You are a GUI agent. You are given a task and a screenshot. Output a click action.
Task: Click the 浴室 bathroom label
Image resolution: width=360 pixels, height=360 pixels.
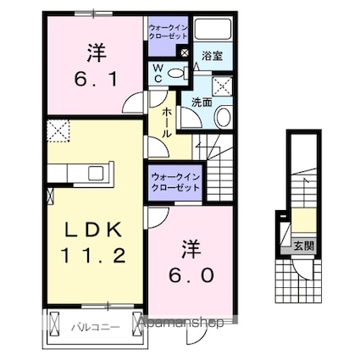212,56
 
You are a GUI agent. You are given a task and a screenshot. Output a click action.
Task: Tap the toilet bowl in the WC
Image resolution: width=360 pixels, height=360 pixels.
175,73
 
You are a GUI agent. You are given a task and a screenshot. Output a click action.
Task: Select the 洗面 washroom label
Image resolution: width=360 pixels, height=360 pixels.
202,102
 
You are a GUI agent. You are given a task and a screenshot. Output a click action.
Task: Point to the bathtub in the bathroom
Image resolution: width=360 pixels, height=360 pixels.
213,29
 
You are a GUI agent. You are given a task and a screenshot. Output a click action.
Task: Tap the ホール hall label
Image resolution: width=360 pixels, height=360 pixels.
167,123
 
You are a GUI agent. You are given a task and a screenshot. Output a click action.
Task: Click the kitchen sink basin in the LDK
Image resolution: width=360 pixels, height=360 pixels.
96,173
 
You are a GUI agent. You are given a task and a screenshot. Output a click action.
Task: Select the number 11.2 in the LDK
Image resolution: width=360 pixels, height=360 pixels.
92,256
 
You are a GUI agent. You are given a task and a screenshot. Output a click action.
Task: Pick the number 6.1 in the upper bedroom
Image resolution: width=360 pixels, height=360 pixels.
96,80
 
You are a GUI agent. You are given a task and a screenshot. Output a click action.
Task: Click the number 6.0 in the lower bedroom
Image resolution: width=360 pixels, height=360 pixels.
191,274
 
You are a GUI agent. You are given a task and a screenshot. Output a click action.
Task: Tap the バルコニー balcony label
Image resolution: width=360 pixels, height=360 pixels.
96,328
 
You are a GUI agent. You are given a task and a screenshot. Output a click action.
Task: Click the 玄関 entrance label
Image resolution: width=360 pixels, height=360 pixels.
304,246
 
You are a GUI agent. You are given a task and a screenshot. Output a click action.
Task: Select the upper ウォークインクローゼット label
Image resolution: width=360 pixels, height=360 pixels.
168,32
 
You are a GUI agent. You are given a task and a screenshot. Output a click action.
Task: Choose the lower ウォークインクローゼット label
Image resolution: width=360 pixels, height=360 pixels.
175,182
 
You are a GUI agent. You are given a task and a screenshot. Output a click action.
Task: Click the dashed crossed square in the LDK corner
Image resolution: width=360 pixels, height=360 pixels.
58,130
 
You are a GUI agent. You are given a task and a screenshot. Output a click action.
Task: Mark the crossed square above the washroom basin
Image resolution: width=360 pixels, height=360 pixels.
222,86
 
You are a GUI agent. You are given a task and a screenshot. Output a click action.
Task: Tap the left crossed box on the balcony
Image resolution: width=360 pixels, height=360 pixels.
54,323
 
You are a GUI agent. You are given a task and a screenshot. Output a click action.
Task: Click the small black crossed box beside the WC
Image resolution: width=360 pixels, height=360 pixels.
184,53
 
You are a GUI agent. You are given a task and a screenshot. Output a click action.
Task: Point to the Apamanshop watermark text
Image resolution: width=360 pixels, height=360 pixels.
180,322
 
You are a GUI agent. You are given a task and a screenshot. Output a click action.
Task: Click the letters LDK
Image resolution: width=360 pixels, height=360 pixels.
93,230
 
